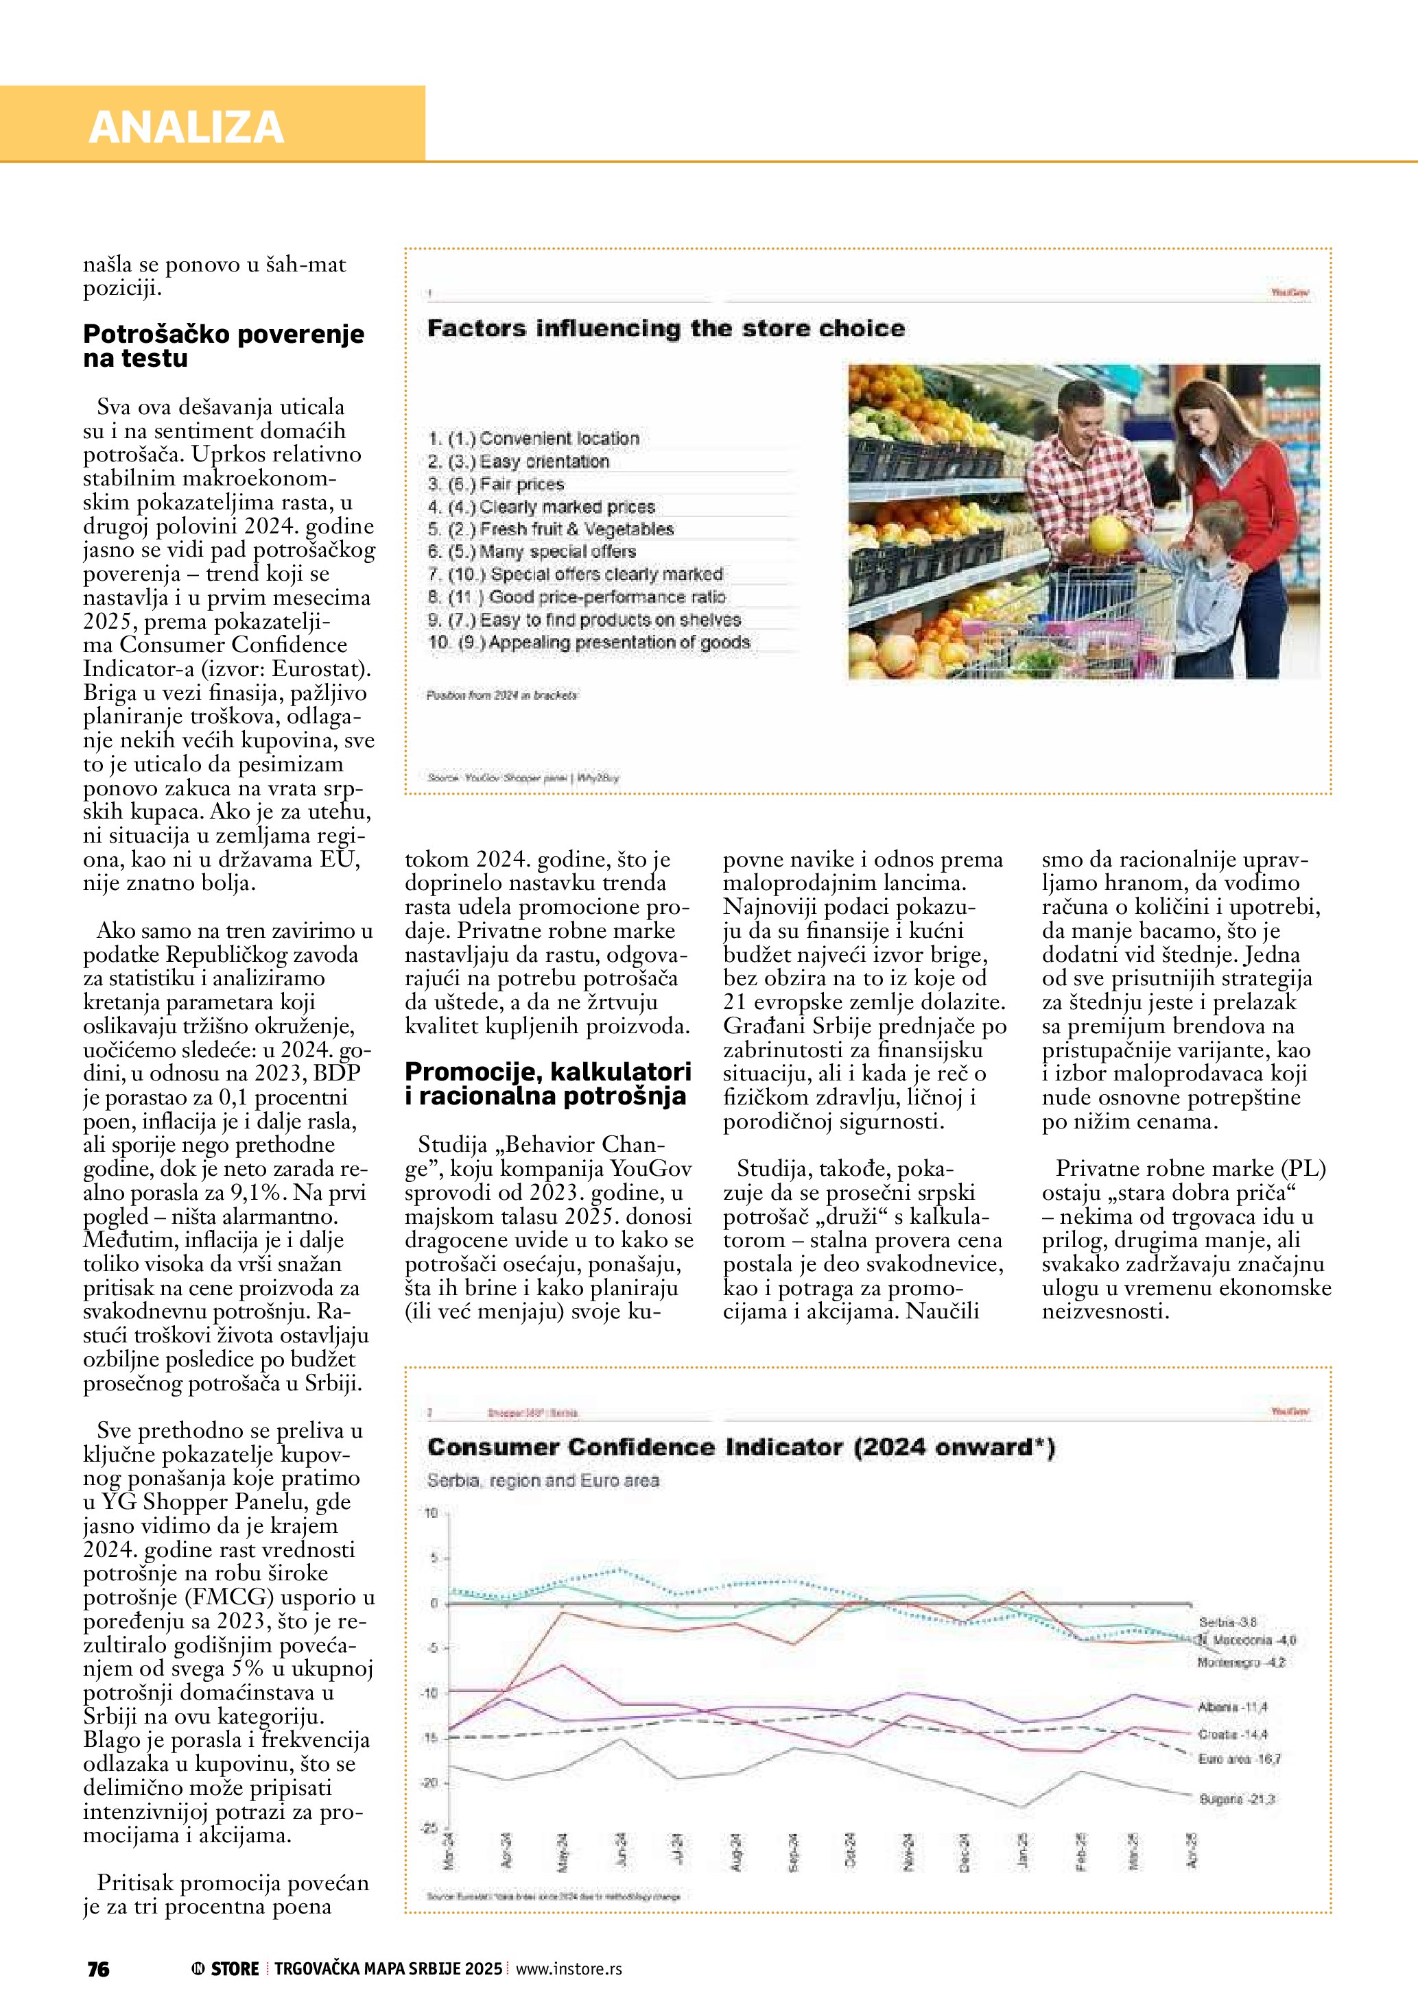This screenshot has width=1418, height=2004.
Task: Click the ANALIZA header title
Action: click(186, 127)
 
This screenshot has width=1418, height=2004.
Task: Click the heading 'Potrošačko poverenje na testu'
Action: click(223, 346)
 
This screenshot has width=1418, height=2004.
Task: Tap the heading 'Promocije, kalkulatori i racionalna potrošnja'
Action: click(547, 1083)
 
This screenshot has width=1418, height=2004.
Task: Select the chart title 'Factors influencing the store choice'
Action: click(665, 328)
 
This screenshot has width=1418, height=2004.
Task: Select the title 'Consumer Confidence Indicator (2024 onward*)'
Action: click(740, 1447)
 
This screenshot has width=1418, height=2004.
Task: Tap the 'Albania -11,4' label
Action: click(1232, 1706)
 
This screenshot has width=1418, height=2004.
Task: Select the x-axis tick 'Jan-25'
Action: click(1022, 1850)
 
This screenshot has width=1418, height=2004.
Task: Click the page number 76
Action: click(99, 1968)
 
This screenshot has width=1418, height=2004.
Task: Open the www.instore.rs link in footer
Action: click(569, 1968)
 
